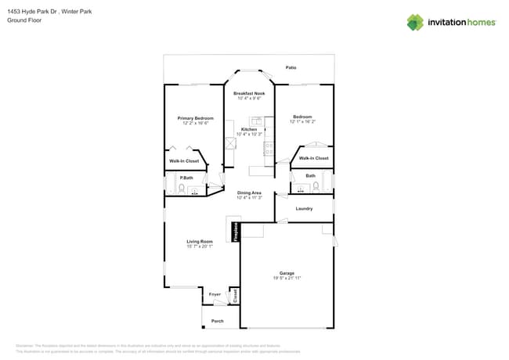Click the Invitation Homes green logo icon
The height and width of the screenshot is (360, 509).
[415, 22]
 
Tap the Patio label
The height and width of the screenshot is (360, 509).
[291, 67]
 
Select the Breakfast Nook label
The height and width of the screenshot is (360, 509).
[249, 93]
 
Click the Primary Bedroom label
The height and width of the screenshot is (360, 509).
[195, 117]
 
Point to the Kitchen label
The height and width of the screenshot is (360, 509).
[248, 129]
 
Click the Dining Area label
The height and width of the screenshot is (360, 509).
[249, 193]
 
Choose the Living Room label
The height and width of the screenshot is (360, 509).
[200, 241]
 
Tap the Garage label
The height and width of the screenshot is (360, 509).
[287, 273]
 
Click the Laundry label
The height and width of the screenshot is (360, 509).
[304, 208]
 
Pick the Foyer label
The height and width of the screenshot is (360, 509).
[215, 294]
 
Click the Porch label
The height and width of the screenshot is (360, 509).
[218, 321]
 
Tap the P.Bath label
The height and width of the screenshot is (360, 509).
[186, 178]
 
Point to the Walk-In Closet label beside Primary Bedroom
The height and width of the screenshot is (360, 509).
[184, 161]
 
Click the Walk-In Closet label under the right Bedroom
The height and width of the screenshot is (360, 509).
[313, 158]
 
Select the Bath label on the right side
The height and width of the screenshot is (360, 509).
[311, 176]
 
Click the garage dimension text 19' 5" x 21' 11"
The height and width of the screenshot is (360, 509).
[287, 278]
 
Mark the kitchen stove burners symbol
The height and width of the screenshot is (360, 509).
[269, 146]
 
